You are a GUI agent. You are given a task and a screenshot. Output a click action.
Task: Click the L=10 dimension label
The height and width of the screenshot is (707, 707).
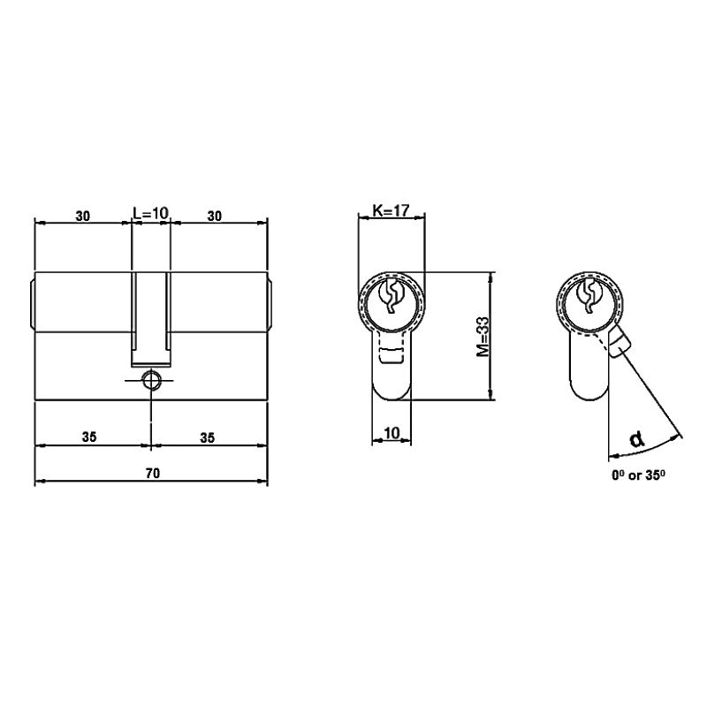pos(150,213)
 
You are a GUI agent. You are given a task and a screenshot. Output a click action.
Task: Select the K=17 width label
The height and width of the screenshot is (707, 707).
pos(391,210)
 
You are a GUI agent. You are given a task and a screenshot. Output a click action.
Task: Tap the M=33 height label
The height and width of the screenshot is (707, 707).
pos(483,337)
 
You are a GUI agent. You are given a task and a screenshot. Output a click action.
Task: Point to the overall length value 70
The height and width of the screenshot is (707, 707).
pos(153,473)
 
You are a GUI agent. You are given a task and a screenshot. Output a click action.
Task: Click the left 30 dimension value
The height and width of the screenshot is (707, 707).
pos(82,216)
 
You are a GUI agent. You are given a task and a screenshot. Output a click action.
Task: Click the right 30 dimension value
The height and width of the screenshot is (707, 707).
pos(215,216)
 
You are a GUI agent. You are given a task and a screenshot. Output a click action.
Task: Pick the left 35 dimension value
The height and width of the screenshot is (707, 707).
pos(89,437)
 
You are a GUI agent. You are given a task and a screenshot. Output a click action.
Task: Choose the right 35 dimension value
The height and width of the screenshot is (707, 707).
pos(208,437)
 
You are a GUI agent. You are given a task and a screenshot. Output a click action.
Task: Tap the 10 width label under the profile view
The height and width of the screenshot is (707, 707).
pos(392,433)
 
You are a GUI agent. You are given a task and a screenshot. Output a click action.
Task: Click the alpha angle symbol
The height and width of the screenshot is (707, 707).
pos(636,438)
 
